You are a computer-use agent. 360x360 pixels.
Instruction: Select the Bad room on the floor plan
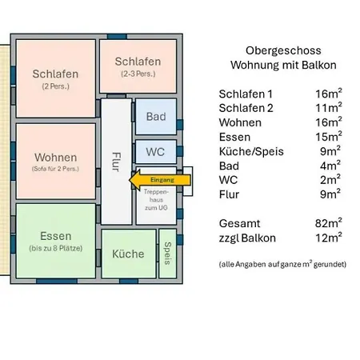[x=155, y=117]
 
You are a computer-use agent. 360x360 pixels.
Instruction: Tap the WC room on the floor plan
[x=155, y=150]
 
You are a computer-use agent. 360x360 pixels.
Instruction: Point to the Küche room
[x=128, y=254]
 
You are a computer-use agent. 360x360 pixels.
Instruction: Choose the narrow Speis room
[x=168, y=253]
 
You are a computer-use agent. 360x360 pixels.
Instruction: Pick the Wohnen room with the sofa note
[x=55, y=161]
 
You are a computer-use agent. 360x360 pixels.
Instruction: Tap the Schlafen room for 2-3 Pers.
[x=138, y=66]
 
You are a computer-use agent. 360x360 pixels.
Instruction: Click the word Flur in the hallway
[x=117, y=160]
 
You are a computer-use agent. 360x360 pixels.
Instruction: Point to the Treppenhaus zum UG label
[x=155, y=201]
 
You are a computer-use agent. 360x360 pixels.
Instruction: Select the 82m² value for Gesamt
[x=329, y=223]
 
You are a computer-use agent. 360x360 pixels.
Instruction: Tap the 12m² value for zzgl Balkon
[x=329, y=238]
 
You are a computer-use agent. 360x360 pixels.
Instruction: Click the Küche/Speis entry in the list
[x=250, y=151]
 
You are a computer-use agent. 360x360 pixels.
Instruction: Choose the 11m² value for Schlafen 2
[x=329, y=108]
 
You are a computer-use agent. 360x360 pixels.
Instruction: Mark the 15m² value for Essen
[x=329, y=137]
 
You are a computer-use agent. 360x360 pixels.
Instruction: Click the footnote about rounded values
[x=282, y=263]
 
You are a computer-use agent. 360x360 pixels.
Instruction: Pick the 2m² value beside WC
[x=330, y=180]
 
